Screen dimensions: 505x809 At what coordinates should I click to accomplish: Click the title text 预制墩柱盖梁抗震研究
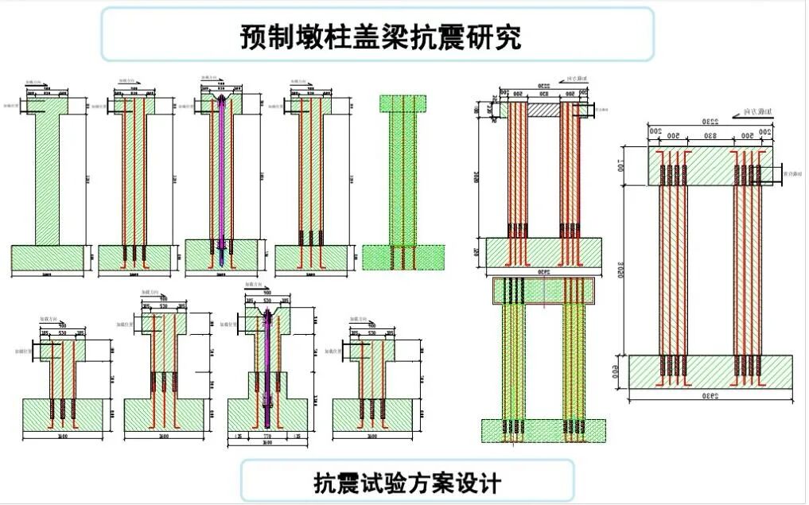pos(380,37)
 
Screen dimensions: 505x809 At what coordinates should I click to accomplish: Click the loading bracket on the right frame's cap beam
pos(770,173)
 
